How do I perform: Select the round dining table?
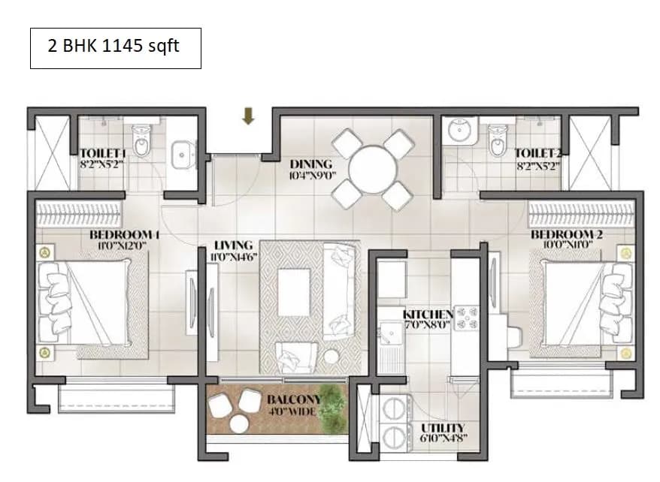373,169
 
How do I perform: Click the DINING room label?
311,164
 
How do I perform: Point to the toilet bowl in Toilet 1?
141,138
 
